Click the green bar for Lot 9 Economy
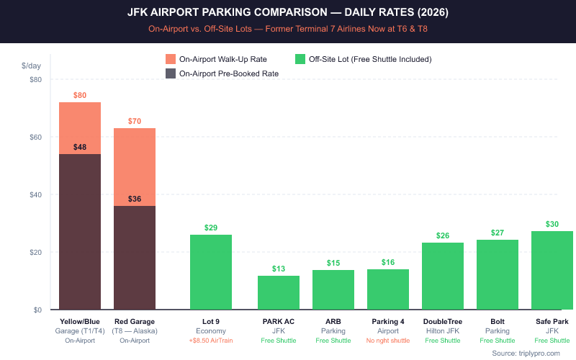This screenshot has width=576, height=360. [x=211, y=272]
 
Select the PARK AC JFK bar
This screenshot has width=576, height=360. [x=279, y=292]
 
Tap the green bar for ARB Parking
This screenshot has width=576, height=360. [x=333, y=289]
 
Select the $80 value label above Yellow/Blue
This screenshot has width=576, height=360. [x=80, y=95]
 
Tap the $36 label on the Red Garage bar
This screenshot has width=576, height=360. [x=135, y=199]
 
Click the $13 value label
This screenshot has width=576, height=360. [x=279, y=269]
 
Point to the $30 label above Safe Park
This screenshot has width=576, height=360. [x=552, y=224]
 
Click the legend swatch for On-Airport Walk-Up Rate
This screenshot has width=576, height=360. [x=171, y=59]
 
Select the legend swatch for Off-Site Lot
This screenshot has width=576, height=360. [x=300, y=59]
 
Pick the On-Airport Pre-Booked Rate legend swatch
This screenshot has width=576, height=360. [x=171, y=73]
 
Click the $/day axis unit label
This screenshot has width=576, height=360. [x=32, y=66]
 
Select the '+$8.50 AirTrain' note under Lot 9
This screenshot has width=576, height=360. [x=211, y=340]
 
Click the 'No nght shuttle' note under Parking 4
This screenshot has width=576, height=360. [x=388, y=340]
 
